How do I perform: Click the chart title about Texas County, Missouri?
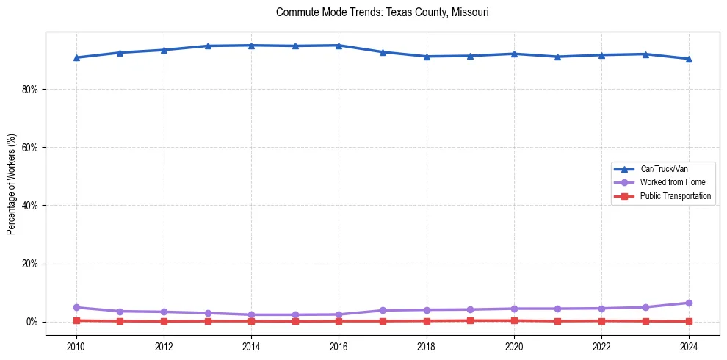pyautogui.click(x=382, y=12)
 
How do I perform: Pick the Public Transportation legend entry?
pyautogui.click(x=675, y=196)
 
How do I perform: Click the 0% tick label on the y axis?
pyautogui.click(x=32, y=322)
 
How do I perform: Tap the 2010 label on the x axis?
pyautogui.click(x=76, y=345)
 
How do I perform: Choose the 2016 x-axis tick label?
pyautogui.click(x=339, y=345)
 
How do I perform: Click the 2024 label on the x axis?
pyautogui.click(x=689, y=345)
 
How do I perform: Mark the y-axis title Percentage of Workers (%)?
pyautogui.click(x=12, y=184)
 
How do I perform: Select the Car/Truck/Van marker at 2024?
pyautogui.click(x=689, y=59)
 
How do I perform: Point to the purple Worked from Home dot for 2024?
pyautogui.click(x=689, y=303)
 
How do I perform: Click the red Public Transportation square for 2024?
pyautogui.click(x=689, y=321)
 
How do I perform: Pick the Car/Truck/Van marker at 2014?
pyautogui.click(x=251, y=46)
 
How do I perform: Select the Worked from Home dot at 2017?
pyautogui.click(x=383, y=310)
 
